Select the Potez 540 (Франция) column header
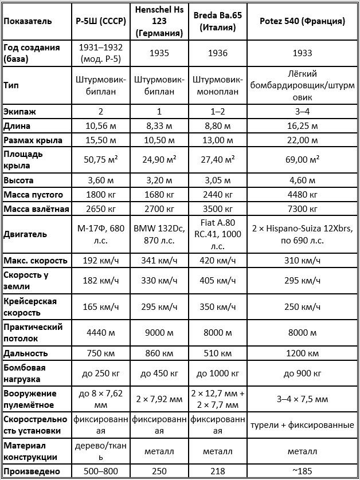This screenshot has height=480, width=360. [x=302, y=21]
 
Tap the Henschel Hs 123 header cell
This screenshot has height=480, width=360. [x=160, y=21]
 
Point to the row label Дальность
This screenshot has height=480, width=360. [x=25, y=353]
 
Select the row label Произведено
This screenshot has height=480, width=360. [x=30, y=471]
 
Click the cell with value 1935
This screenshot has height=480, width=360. [x=160, y=53]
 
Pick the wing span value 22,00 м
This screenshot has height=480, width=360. [x=302, y=140]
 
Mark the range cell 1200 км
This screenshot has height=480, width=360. [x=302, y=353]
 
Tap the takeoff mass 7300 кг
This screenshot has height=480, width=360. [x=302, y=208]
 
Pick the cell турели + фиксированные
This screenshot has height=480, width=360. [x=302, y=425]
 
